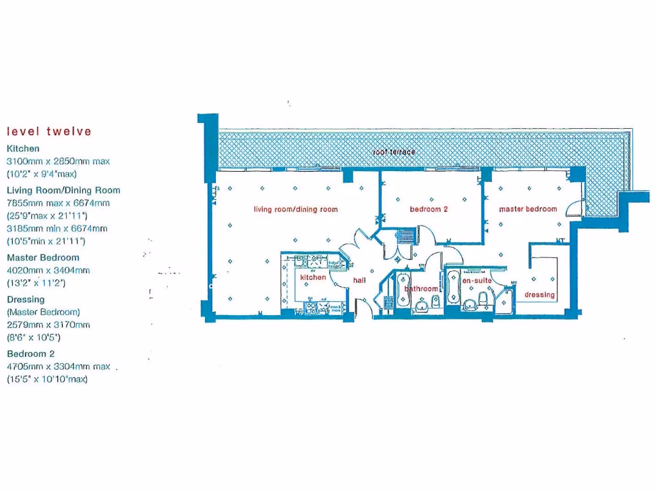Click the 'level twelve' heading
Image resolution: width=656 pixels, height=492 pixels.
click(x=49, y=132)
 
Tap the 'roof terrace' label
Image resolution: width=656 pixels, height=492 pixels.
click(x=394, y=152)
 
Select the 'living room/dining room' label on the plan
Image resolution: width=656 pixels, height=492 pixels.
click(x=295, y=209)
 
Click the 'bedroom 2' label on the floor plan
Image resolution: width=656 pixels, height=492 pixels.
click(x=429, y=209)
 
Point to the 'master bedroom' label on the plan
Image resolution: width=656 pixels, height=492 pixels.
click(x=528, y=209)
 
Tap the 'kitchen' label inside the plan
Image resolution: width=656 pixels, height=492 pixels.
click(x=313, y=277)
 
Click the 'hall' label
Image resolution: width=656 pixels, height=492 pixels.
click(x=359, y=281)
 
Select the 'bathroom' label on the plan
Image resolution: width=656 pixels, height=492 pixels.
click(x=421, y=289)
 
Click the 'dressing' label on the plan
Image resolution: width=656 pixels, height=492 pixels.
click(x=539, y=295)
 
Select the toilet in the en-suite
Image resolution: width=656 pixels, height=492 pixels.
click(x=485, y=300)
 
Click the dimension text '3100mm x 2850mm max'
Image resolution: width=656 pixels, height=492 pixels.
click(x=58, y=161)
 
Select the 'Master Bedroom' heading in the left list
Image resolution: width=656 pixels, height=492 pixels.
click(x=43, y=258)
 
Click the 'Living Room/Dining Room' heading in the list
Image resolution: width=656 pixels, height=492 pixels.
click(x=63, y=190)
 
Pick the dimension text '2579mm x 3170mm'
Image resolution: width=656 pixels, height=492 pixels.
click(x=49, y=325)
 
